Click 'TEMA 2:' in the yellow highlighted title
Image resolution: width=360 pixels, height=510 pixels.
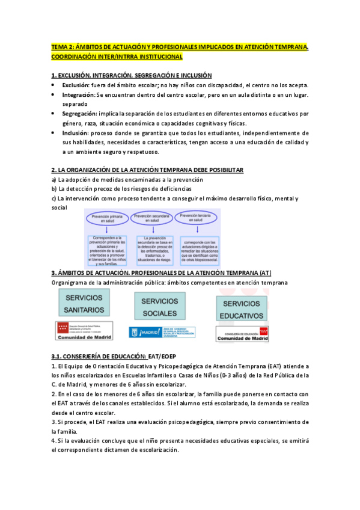coord(62,46)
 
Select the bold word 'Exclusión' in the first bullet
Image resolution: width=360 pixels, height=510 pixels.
coord(75,85)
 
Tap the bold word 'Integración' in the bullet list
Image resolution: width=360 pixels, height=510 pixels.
coord(78,94)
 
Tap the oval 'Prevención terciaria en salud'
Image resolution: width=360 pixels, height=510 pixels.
coord(197,217)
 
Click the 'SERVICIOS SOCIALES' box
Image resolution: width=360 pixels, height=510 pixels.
coord(159,307)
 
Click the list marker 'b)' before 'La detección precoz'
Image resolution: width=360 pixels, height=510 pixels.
coord(54,189)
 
